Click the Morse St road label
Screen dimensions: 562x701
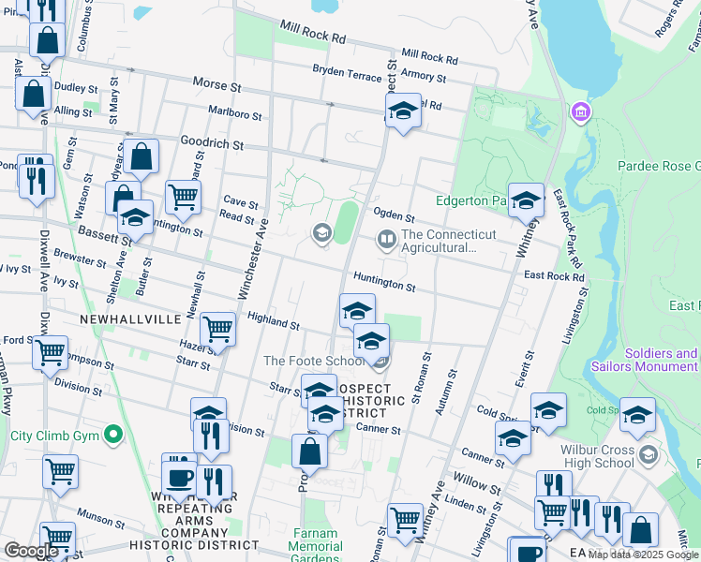click(216, 85)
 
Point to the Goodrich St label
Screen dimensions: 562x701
click(212, 145)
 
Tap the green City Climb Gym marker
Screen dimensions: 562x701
click(113, 435)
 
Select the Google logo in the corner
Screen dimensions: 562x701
click(31, 551)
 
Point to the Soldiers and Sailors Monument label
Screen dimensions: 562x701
click(645, 361)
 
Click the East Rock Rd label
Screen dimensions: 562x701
click(554, 276)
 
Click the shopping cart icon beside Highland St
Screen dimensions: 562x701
click(217, 328)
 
